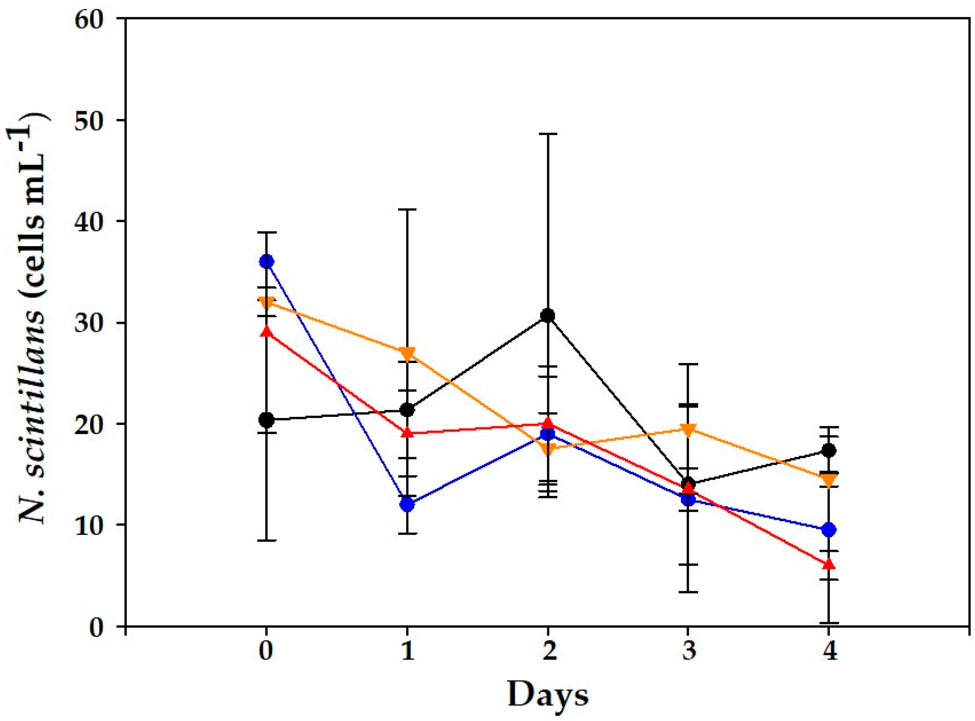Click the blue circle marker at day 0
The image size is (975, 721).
pyautogui.click(x=266, y=261)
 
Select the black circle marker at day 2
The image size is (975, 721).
pyautogui.click(x=548, y=316)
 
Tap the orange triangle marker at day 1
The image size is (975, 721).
pyautogui.click(x=407, y=353)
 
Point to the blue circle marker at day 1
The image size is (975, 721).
pyautogui.click(x=407, y=504)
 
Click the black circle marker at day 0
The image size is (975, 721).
pyautogui.click(x=266, y=419)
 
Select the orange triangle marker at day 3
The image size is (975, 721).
pyautogui.click(x=689, y=429)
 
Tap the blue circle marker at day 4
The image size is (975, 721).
pyautogui.click(x=829, y=530)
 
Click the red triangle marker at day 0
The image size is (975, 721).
pyautogui.click(x=266, y=332)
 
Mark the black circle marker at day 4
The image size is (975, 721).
pyautogui.click(x=829, y=450)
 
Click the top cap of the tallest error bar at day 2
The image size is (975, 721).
pyautogui.click(x=548, y=134)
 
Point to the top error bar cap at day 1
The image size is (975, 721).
pyautogui.click(x=407, y=209)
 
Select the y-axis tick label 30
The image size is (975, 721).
pyautogui.click(x=89, y=323)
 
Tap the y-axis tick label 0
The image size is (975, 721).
pyautogui.click(x=96, y=627)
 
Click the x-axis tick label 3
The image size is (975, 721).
pyautogui.click(x=689, y=651)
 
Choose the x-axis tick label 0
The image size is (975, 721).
pyautogui.click(x=266, y=651)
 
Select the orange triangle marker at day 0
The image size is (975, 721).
pyautogui.click(x=266, y=303)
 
